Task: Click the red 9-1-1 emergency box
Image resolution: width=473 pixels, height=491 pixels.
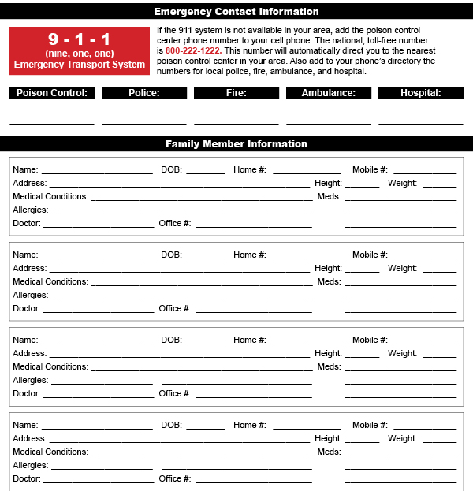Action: (80, 50)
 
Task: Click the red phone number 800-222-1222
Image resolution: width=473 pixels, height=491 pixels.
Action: (192, 50)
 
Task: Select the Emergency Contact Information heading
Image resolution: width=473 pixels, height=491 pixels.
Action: (236, 12)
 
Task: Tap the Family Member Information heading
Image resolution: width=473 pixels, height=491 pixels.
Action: (236, 144)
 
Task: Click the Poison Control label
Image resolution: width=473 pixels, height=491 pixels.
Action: (53, 93)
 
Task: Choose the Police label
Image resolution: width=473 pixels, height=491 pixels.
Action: (144, 93)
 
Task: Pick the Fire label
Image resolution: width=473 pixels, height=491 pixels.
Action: (236, 93)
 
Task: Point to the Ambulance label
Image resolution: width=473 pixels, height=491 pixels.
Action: (328, 93)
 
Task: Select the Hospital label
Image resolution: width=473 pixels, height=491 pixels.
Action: (420, 93)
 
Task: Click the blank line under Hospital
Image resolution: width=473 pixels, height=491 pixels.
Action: (420, 122)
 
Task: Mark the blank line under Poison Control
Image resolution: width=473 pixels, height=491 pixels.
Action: (52, 122)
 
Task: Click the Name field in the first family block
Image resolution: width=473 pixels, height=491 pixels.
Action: (97, 171)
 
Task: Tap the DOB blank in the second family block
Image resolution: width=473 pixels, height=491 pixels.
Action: (206, 256)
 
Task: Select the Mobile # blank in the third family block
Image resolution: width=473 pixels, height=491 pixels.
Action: (424, 342)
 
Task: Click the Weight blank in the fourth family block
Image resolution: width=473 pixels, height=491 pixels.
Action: (439, 441)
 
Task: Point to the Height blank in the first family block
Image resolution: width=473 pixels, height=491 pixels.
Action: (363, 185)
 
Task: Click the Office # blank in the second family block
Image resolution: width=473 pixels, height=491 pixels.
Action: (254, 311)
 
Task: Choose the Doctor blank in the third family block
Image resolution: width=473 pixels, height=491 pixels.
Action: (99, 396)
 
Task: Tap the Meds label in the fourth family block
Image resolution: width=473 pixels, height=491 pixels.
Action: (329, 452)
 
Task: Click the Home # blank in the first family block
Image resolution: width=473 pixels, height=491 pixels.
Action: (307, 171)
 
